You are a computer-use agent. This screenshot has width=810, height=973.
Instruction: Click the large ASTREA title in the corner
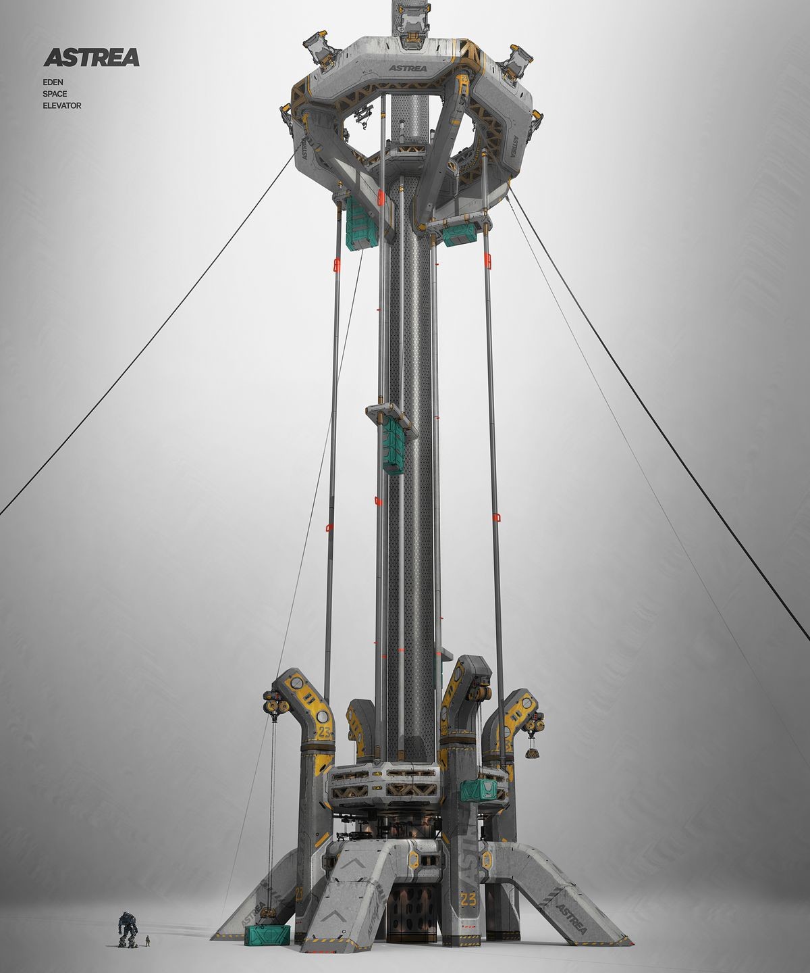pos(91,57)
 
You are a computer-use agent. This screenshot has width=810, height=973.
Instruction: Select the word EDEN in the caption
pos(53,82)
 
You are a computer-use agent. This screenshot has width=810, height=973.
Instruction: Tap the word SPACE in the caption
pos(55,94)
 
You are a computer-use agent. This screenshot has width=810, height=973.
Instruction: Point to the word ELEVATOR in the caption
pos(62,106)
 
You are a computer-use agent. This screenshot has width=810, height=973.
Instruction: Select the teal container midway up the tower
pos(394,445)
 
